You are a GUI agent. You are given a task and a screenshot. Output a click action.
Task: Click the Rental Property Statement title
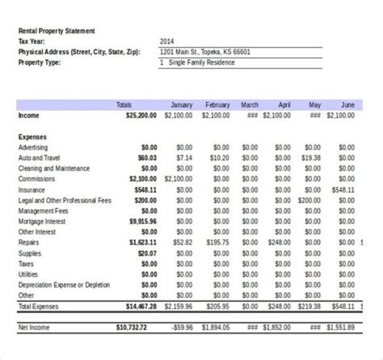tap(56, 31)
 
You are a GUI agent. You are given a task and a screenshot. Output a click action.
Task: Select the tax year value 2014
tap(166, 42)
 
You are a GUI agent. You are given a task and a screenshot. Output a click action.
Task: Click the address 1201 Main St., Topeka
tap(205, 52)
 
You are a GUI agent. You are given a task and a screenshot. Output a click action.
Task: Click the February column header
tap(217, 105)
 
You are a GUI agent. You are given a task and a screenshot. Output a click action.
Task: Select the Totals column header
tap(123, 105)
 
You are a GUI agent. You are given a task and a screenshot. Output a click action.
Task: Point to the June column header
tap(347, 105)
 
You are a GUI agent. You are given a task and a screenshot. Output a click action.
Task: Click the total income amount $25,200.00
tap(141, 115)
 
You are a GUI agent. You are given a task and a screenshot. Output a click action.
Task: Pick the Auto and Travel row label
tap(39, 158)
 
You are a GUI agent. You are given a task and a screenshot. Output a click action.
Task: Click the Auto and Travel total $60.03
tap(147, 158)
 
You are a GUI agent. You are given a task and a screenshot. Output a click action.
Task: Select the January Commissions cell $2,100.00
tap(179, 179)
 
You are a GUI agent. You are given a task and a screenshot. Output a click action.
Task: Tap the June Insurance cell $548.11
tap(343, 190)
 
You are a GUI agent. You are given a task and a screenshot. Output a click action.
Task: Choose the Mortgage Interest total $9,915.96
tap(143, 222)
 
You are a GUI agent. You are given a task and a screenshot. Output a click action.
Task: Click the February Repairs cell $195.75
tap(218, 243)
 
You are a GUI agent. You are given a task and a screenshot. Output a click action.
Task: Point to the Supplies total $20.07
tap(147, 253)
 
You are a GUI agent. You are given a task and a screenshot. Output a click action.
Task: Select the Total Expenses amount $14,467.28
tap(141, 306)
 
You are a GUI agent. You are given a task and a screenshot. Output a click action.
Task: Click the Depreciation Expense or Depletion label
tap(64, 285)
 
